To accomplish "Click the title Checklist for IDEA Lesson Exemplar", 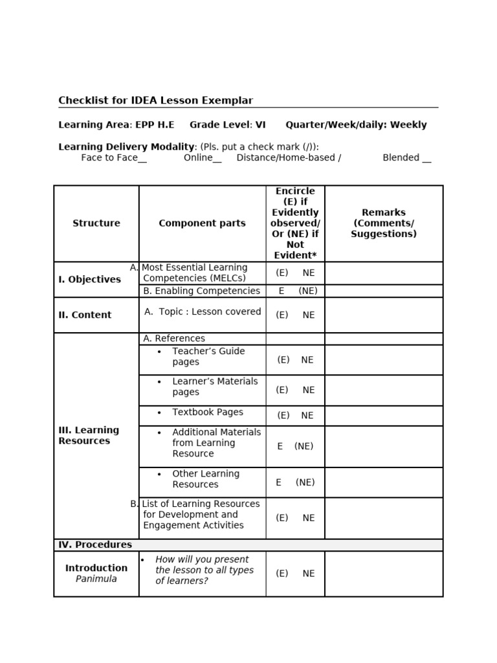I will tap(155, 100).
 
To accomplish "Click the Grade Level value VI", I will tap(260, 125).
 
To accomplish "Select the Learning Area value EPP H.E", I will tap(155, 125).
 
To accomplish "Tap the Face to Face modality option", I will tap(113, 157).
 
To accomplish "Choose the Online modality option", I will tap(202, 157).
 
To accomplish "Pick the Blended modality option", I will tap(406, 157).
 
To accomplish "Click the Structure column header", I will tap(96, 223).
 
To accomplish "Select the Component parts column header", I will tap(202, 223).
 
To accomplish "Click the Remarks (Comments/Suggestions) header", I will tap(384, 223).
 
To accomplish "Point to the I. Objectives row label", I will tap(89, 280).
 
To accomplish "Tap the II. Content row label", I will tap(85, 315).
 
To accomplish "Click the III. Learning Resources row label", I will tap(89, 436).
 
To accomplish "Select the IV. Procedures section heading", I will tap(95, 545).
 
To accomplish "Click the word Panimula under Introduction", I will tap(96, 579).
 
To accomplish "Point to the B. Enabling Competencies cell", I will tap(201, 291).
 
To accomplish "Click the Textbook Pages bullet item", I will tap(207, 412).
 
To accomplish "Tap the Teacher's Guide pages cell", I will tap(208, 357).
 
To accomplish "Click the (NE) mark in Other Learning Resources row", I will tap(305, 482).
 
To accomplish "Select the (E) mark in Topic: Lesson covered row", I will tap(282, 315).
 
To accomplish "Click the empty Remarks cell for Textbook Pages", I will tap(384, 416).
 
